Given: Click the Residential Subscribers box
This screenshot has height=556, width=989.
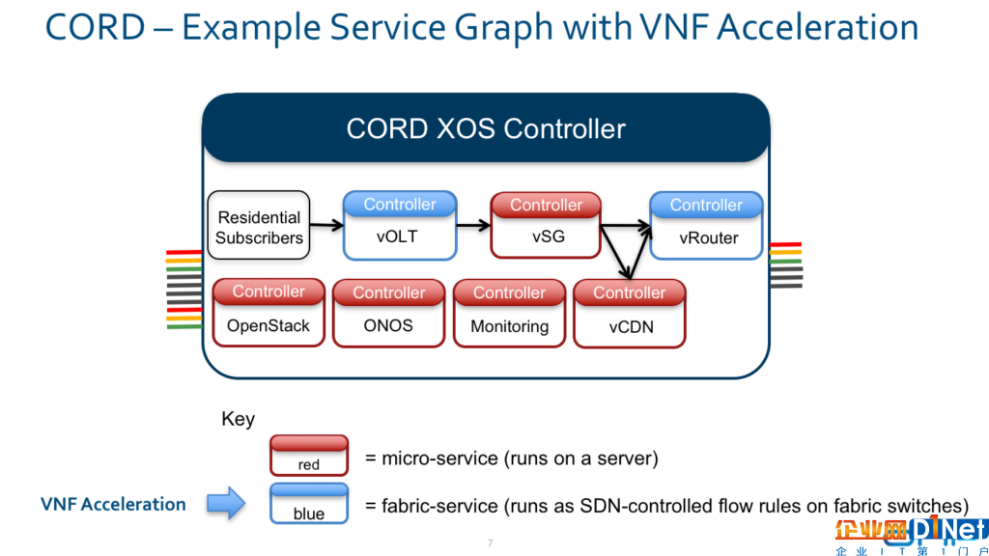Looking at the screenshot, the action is pyautogui.click(x=259, y=226).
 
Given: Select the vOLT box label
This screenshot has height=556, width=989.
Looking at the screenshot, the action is pyautogui.click(x=397, y=237).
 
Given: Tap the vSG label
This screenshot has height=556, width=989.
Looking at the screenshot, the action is pyautogui.click(x=549, y=237).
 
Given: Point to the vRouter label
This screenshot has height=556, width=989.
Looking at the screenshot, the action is pyautogui.click(x=708, y=238).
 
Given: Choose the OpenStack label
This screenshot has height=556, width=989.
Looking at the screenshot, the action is pyautogui.click(x=268, y=326).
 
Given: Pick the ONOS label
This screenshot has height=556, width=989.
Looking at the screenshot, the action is pyautogui.click(x=388, y=326).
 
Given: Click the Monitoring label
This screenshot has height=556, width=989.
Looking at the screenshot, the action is pyautogui.click(x=510, y=326).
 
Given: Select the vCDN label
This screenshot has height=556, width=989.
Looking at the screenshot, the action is pyautogui.click(x=631, y=327).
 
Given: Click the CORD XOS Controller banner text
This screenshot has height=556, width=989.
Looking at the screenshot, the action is pyautogui.click(x=486, y=129).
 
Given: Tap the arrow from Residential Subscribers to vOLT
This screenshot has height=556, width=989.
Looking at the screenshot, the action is pyautogui.click(x=326, y=225).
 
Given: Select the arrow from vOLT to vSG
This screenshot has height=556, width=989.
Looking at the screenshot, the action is pyautogui.click(x=473, y=225).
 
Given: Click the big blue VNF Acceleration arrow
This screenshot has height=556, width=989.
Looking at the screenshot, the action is pyautogui.click(x=226, y=503).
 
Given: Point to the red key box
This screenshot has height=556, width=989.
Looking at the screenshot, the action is pyautogui.click(x=309, y=456).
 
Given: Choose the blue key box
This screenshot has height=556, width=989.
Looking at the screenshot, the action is pyautogui.click(x=309, y=504).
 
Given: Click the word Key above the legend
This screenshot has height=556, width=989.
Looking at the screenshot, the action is pyautogui.click(x=238, y=419).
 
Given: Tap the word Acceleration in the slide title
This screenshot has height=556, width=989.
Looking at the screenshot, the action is pyautogui.click(x=817, y=27).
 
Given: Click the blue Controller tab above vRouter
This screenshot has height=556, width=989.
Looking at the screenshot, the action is pyautogui.click(x=706, y=205).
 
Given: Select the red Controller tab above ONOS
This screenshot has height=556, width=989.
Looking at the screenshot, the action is pyautogui.click(x=388, y=292).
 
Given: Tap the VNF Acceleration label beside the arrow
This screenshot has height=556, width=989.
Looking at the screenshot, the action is pyautogui.click(x=114, y=504).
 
